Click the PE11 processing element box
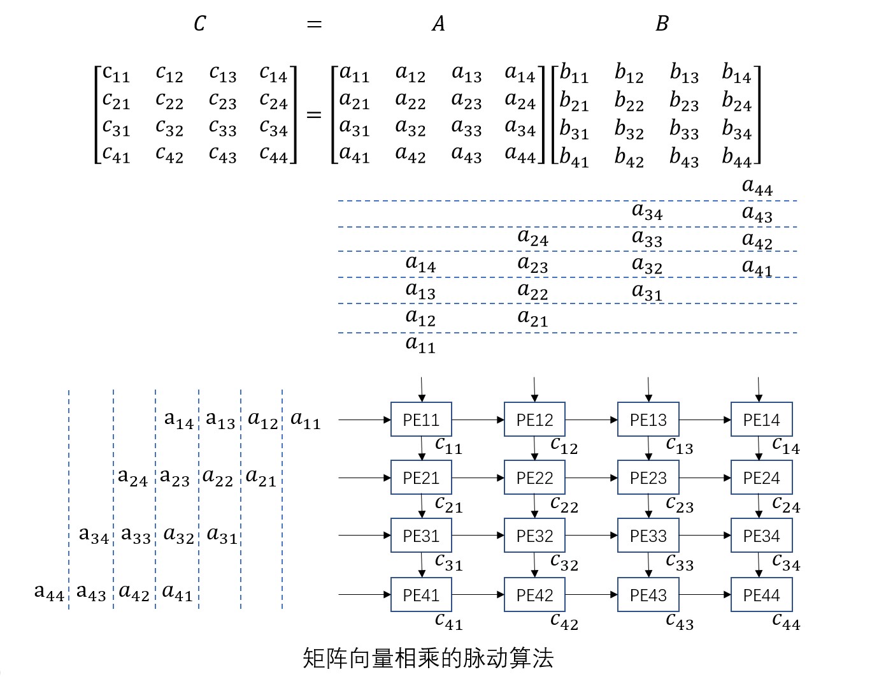[x=421, y=420]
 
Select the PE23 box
[x=648, y=478]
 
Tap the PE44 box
[x=761, y=595]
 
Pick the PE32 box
[x=534, y=536]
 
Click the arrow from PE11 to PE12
[x=478, y=420]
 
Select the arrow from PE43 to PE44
[x=704, y=595]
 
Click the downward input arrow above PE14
[x=759, y=389]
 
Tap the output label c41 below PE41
[x=448, y=621]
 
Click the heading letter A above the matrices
[x=438, y=24]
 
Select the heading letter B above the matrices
[x=662, y=24]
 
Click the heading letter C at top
[x=199, y=24]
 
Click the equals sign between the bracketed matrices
[x=314, y=115]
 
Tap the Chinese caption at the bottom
[x=428, y=658]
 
